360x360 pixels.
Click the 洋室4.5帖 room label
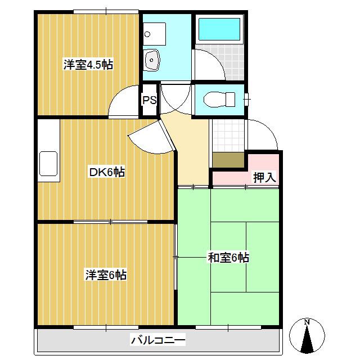click(88, 65)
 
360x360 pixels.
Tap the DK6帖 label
click(107, 172)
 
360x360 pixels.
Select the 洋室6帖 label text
click(106, 275)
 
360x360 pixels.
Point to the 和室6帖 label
click(228, 258)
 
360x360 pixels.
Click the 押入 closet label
click(264, 177)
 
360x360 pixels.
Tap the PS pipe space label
click(150, 100)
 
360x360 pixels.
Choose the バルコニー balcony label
click(158, 340)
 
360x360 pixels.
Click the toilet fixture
click(219, 99)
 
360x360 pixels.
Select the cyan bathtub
click(219, 29)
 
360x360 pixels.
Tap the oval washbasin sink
click(151, 60)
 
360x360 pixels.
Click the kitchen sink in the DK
click(48, 164)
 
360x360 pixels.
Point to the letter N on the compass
click(307, 322)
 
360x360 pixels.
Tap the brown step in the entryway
click(228, 160)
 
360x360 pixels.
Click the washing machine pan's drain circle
click(147, 34)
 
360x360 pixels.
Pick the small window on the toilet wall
click(247, 100)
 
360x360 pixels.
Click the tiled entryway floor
click(228, 136)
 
